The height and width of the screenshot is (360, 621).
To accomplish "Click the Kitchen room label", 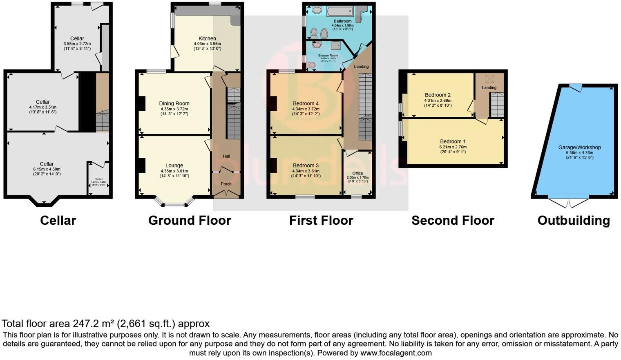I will [x=207, y=38].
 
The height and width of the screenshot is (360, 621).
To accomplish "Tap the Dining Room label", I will [x=174, y=103].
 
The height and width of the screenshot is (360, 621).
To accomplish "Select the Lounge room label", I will [x=174, y=165].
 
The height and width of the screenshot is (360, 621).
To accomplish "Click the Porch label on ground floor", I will [x=226, y=184].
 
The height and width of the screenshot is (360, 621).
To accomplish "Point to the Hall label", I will [x=226, y=156].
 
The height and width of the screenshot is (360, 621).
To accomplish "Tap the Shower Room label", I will [x=328, y=55].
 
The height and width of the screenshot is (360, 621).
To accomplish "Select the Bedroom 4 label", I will [x=306, y=103].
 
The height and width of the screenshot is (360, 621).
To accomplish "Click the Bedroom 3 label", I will [x=306, y=165].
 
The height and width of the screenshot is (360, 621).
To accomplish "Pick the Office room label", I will [x=357, y=173].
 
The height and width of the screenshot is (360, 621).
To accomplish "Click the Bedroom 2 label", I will [x=438, y=95].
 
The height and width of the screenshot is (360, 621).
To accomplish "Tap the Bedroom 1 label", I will [x=453, y=141].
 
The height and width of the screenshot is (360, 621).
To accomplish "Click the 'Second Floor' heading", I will [x=453, y=221].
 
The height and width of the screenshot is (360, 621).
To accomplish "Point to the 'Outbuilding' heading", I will [x=574, y=221].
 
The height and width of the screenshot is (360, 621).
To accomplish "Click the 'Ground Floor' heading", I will [x=190, y=221].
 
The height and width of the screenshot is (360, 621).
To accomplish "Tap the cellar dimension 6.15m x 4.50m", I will [x=47, y=169].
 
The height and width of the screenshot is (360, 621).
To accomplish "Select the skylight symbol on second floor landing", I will [x=489, y=78].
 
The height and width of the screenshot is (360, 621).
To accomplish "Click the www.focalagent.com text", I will [x=396, y=353].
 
